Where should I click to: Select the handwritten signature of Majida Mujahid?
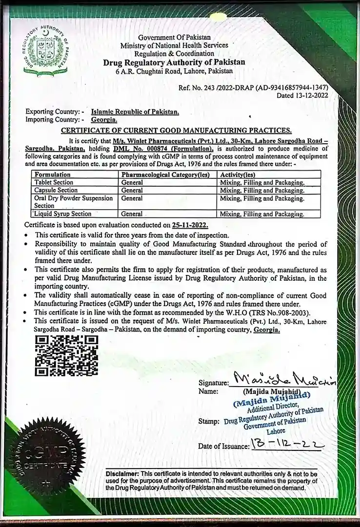point(282,379)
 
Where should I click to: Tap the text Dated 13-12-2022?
point(302,96)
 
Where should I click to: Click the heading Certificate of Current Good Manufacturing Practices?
point(176,130)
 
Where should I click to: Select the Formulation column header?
point(52,174)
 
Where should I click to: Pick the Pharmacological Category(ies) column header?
point(165,174)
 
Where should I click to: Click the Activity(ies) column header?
point(238,174)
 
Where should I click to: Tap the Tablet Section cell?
point(54,182)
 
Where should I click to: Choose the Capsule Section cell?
point(56,190)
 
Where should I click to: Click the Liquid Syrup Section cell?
point(63,214)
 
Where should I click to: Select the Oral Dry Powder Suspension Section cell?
point(73,202)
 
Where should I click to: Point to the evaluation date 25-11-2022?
point(190,225)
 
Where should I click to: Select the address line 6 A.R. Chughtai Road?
point(174,71)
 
